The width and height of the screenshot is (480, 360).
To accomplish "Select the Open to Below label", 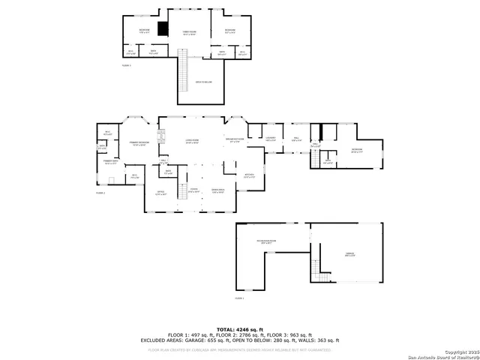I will pyautogui.click(x=203, y=81).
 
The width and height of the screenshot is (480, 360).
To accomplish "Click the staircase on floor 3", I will pyautogui.click(x=182, y=74).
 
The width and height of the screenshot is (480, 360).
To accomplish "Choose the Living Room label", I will pyautogui.click(x=191, y=141).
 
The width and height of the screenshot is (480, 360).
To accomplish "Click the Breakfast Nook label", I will pyautogui.click(x=234, y=140).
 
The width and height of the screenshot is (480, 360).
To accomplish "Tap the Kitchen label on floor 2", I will pyautogui.click(x=250, y=175).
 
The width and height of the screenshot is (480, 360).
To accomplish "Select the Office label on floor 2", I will pyautogui.click(x=160, y=193).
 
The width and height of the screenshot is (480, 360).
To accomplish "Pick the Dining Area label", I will pyautogui.click(x=218, y=190).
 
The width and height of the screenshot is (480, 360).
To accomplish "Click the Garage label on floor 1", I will pyautogui.click(x=349, y=254).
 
